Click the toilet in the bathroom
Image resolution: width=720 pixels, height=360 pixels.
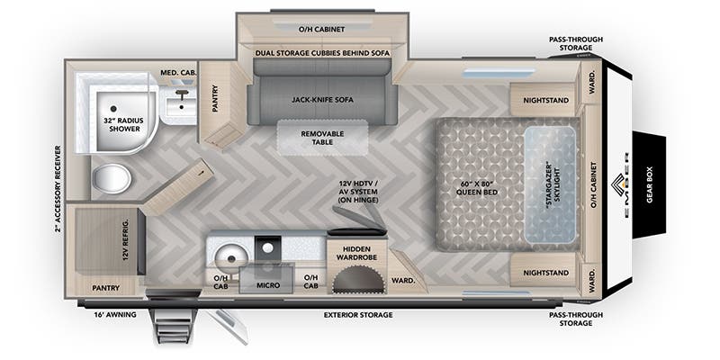(x=112, y=178)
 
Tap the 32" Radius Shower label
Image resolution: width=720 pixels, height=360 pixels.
(x=124, y=125)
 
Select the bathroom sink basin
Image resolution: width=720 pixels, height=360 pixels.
(x=182, y=106)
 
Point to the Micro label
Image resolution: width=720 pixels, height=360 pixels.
(x=268, y=285)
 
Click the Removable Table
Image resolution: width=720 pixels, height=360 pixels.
(x=322, y=138)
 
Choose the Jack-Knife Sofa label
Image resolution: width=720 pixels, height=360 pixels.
(x=322, y=100)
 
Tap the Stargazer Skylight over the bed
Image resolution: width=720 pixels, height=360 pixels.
(x=550, y=185)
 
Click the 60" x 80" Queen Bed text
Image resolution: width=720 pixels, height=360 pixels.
(x=477, y=188)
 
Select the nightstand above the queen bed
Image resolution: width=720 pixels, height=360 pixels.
(x=543, y=100)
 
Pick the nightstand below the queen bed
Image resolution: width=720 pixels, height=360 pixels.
(x=543, y=273)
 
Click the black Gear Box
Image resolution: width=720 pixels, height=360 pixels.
(x=649, y=184)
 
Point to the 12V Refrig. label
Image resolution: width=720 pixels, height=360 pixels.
(x=125, y=239)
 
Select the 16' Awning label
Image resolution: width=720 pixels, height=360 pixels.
(x=115, y=314)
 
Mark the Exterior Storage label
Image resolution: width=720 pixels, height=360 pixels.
(x=358, y=315)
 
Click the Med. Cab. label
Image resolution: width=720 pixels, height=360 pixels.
(x=178, y=73)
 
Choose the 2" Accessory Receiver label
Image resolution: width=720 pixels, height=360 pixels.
(x=58, y=189)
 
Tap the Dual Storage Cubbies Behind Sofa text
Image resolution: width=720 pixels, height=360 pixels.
(x=322, y=53)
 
